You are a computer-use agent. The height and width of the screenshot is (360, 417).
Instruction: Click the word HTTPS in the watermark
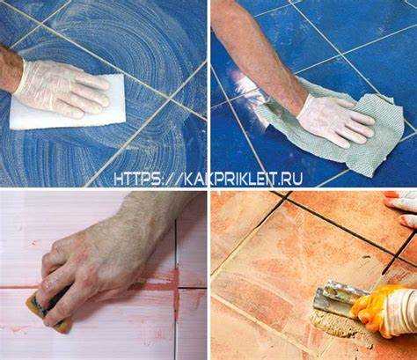(138, 178)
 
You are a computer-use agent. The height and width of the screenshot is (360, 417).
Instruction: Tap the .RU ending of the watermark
(289, 178)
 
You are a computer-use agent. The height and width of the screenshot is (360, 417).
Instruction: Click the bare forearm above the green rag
(258, 53)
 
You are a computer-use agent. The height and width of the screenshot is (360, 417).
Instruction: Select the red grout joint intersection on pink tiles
(177, 286)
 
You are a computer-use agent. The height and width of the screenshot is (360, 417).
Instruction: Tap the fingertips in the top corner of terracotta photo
(403, 209)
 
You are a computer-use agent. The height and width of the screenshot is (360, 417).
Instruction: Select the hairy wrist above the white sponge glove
(11, 69)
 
